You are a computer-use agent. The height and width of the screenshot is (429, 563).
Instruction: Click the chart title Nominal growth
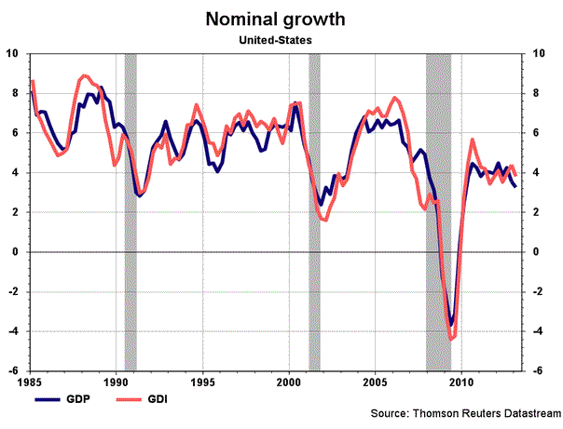(281, 19)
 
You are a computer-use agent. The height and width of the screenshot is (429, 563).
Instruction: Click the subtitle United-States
(281, 40)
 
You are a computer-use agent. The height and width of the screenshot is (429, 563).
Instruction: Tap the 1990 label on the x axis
(115, 382)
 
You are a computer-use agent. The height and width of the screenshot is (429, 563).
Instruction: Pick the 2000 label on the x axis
(289, 382)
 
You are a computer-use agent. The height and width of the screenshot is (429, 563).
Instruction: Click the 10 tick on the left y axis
(14, 53)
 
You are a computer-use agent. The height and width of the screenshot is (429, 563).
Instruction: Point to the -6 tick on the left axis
(14, 370)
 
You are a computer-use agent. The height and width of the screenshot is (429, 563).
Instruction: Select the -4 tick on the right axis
(538, 331)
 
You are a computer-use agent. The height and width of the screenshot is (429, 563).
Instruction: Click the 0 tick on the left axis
(17, 252)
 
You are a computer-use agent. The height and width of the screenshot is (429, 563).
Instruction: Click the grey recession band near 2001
(314, 211)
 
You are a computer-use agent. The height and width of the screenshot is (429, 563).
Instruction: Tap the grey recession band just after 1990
(130, 211)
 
